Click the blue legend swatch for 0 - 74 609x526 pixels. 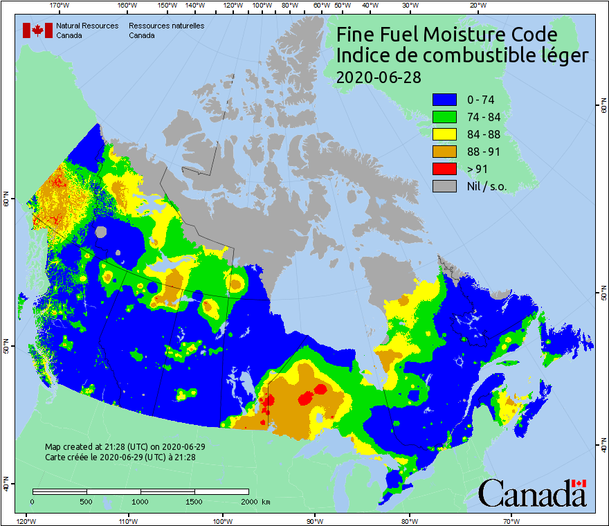(x=444, y=100)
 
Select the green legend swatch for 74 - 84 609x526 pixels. (x=444, y=117)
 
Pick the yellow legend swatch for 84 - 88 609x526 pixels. (x=444, y=134)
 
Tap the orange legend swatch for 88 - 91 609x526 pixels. (x=444, y=152)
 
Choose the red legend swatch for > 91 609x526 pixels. (x=444, y=169)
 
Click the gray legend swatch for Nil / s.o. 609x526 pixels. (x=444, y=186)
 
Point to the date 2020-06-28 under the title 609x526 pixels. (x=378, y=77)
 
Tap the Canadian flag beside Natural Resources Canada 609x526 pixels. (x=37, y=30)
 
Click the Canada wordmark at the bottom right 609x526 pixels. (x=531, y=493)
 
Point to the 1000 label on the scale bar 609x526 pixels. (x=140, y=501)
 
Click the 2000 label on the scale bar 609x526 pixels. (x=248, y=501)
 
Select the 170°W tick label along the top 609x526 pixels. (x=60, y=6)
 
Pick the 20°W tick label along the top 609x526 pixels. (x=476, y=6)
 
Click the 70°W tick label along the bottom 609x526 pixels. (x=511, y=520)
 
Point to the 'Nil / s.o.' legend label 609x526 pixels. (x=492, y=186)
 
